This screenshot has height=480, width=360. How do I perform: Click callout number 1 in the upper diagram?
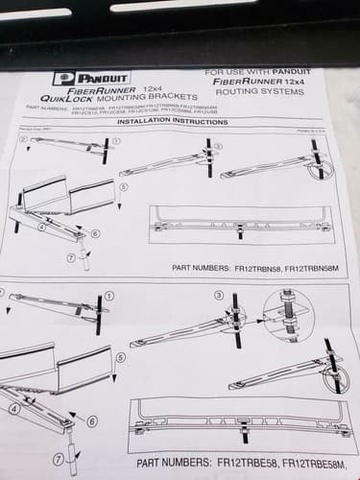point(116,140)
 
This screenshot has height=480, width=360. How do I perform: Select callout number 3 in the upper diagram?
point(218,145)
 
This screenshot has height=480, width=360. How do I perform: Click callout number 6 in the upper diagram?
point(95,233)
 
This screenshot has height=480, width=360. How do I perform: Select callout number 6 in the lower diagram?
point(91,420)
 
